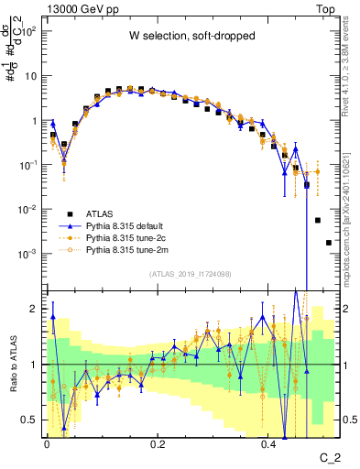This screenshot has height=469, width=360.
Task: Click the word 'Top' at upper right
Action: pos(328,8)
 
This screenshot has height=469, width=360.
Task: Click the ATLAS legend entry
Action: pos(112,212)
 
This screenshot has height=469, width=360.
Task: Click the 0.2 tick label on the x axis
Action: pos(158,443)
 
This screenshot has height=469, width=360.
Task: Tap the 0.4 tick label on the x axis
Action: pos(268,443)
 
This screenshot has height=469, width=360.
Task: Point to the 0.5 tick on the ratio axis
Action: pos(30,420)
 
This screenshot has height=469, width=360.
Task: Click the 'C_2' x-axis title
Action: pos(328,456)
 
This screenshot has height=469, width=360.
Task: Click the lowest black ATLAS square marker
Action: pos(328,243)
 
